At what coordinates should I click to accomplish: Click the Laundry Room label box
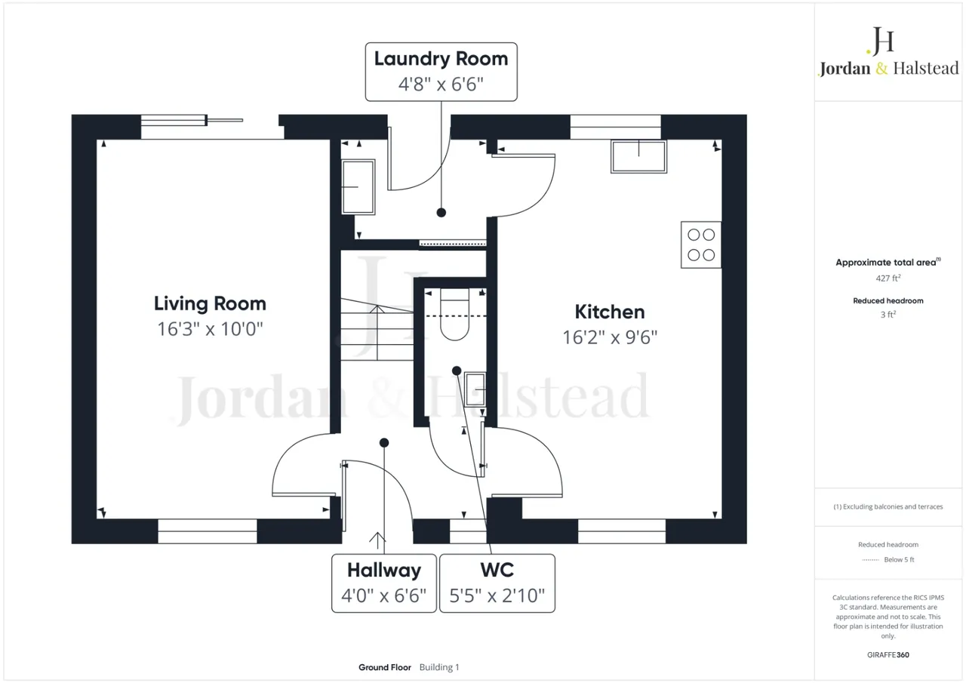[x=441, y=72]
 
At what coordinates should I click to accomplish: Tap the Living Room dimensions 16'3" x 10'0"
[x=210, y=329]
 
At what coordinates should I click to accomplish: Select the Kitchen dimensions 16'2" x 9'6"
[x=610, y=337]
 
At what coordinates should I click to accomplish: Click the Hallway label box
[x=384, y=583]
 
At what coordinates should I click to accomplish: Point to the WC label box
[x=497, y=583]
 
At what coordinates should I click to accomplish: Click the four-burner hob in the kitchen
[x=701, y=245]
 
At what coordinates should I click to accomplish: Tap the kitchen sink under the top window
[x=638, y=156]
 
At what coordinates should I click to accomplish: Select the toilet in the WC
[x=454, y=315]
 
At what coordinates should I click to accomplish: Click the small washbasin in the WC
[x=475, y=389]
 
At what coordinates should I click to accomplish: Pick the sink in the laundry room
[x=358, y=186]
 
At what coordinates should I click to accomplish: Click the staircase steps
[x=377, y=330]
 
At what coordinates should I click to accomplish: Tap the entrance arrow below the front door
[x=377, y=540]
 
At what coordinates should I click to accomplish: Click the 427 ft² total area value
[x=888, y=278]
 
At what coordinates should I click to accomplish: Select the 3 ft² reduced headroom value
[x=888, y=315]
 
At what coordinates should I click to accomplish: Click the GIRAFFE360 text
[x=888, y=654]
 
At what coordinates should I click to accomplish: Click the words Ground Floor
[x=385, y=667]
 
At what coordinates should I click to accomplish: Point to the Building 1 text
[x=439, y=667]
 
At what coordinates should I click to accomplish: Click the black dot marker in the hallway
[x=384, y=442]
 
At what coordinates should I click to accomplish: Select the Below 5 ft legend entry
[x=888, y=559]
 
